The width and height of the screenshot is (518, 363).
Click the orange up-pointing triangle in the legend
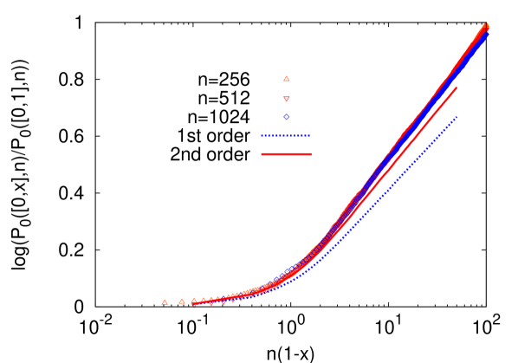[x=287, y=79]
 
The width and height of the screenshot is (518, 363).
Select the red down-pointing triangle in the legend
[x=287, y=99]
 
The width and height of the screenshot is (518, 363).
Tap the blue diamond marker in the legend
[x=287, y=117]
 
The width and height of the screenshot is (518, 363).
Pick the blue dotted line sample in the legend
[x=286, y=136]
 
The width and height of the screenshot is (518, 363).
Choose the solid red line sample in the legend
[x=286, y=154]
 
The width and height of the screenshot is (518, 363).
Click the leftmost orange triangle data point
[x=165, y=301]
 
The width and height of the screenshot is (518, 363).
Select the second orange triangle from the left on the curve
[x=182, y=301]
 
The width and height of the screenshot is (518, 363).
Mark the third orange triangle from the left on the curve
[x=194, y=301]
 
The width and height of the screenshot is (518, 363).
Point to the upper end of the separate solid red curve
[x=456, y=88]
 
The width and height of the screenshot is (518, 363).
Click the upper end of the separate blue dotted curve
[x=456, y=117]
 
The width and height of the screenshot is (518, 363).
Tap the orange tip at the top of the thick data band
[x=486, y=24]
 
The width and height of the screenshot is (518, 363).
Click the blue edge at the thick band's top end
[x=487, y=36]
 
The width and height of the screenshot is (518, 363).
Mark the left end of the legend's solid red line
[x=262, y=154]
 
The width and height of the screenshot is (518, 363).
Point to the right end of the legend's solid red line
[x=310, y=154]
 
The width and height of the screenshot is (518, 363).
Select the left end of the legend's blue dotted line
[x=262, y=136]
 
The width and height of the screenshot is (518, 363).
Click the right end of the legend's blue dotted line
[x=309, y=136]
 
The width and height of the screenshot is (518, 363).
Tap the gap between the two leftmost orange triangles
[x=173, y=301]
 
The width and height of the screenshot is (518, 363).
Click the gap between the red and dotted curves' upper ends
[x=456, y=102]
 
